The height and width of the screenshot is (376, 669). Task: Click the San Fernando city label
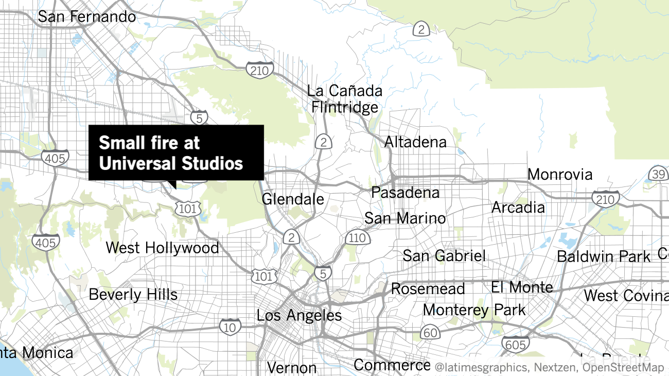[87, 16]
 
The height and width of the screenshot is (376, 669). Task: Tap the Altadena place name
[415, 142]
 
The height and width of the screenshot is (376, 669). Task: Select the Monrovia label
[560, 174]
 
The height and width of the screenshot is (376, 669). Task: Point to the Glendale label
[293, 199]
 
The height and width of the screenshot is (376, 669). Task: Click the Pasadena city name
[406, 193]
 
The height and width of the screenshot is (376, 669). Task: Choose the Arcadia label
[518, 207]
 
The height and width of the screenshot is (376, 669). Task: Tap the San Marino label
[405, 218]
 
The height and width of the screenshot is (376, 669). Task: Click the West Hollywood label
[162, 248]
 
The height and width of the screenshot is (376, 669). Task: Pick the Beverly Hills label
[133, 295]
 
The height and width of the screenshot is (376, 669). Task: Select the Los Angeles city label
[299, 315]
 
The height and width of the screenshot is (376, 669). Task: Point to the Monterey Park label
[474, 310]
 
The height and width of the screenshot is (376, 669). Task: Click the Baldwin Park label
[604, 256]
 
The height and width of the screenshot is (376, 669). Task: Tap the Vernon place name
[292, 368]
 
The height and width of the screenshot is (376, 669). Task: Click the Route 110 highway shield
[357, 237]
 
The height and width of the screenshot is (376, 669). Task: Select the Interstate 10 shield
[230, 326]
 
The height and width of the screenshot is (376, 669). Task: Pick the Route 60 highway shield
[430, 332]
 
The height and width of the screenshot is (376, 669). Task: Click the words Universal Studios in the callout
[171, 164]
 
